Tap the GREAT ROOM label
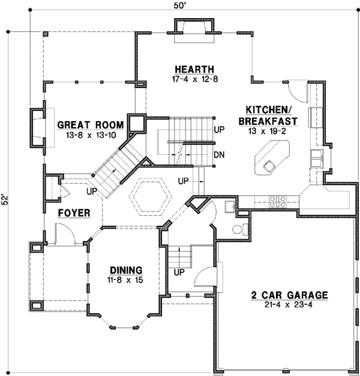91,125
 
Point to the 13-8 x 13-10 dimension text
91,136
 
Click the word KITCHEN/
268,110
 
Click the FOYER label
74,213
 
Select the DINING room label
125,270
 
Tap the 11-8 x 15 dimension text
125,280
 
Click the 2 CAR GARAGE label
289,295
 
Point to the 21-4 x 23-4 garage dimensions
289,305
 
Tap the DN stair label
219,155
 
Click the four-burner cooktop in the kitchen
277,201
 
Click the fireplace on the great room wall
37,127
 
